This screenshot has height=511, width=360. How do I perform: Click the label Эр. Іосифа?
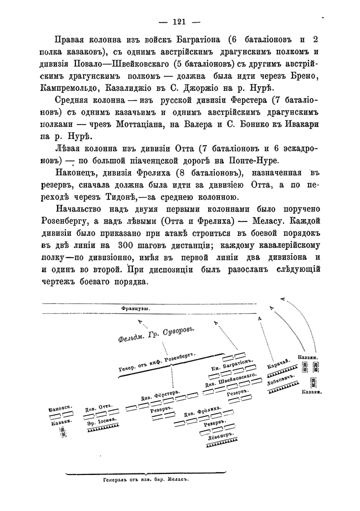pyautogui.click(x=100, y=421)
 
